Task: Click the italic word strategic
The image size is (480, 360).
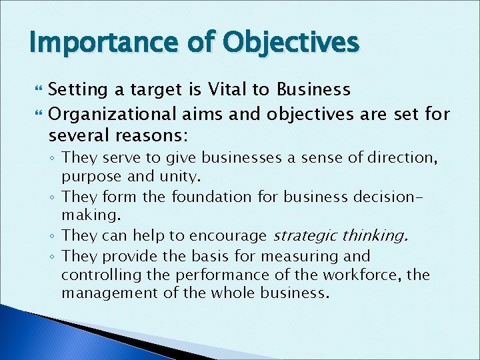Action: (304, 235)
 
